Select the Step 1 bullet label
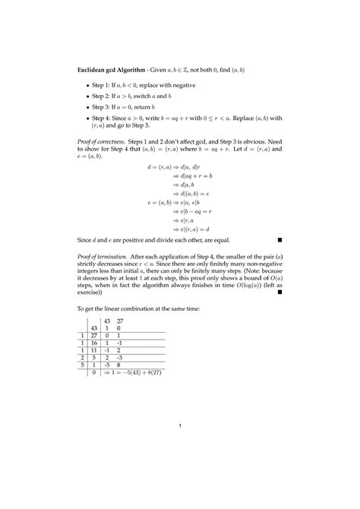point(103,87)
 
